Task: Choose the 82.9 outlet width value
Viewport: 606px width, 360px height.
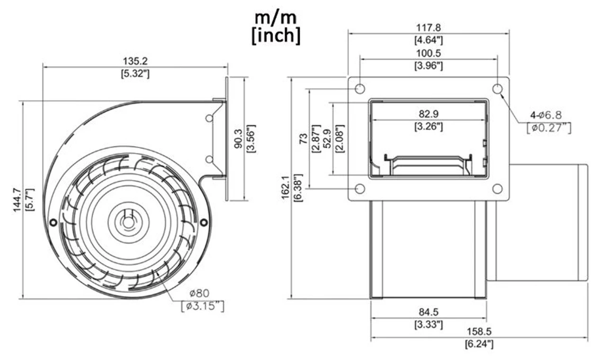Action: tap(429, 114)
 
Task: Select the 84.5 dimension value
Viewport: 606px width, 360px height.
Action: tap(429, 312)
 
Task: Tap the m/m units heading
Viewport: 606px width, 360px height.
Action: tap(276, 18)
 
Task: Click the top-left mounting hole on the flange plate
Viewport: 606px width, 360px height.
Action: tap(360, 89)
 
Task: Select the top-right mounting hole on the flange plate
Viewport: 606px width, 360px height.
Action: tap(498, 89)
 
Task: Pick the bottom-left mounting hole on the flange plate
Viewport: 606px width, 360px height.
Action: tap(360, 189)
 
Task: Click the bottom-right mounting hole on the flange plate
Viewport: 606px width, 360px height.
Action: tap(498, 189)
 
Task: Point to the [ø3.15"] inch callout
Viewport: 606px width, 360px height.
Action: tap(203, 306)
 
